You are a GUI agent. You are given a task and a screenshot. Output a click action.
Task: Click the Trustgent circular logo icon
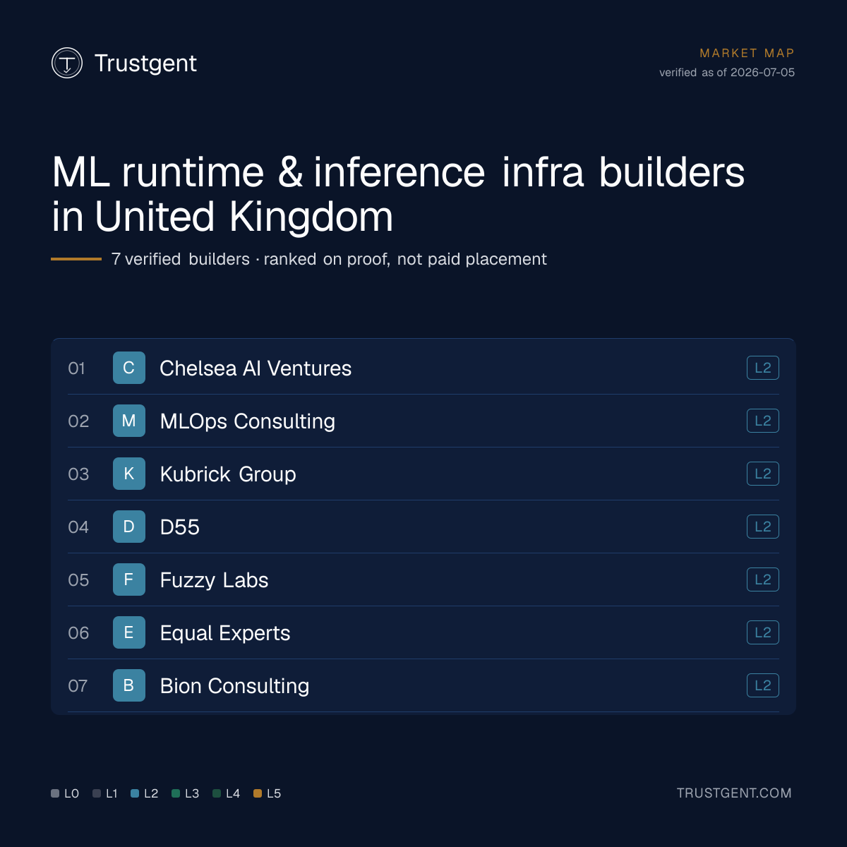pyautogui.click(x=67, y=63)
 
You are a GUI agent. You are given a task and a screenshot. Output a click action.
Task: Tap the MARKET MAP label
pyautogui.click(x=747, y=53)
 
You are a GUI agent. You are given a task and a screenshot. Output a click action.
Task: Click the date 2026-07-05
pyautogui.click(x=762, y=73)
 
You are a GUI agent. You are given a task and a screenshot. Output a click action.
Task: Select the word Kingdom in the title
pyautogui.click(x=311, y=217)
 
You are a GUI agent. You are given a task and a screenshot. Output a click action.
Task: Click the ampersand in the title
pyautogui.click(x=290, y=172)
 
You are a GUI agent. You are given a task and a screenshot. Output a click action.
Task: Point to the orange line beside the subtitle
pyautogui.click(x=76, y=259)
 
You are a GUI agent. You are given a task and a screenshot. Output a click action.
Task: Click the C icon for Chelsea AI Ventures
pyautogui.click(x=128, y=368)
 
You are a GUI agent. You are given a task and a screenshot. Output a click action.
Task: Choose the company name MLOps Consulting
pyautogui.click(x=248, y=421)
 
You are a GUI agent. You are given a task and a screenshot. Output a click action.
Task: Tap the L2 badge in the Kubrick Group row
pyautogui.click(x=762, y=474)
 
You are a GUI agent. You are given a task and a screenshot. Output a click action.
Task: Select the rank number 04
pyautogui.click(x=78, y=527)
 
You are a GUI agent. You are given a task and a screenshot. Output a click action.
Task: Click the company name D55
pyautogui.click(x=180, y=527)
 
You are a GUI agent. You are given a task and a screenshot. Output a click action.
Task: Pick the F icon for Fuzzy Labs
pyautogui.click(x=128, y=579)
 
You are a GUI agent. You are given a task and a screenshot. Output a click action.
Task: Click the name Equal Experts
pyautogui.click(x=225, y=633)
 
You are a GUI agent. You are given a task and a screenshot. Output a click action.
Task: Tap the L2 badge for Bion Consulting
pyautogui.click(x=762, y=685)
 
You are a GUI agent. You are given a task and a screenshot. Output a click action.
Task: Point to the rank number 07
pyautogui.click(x=78, y=685)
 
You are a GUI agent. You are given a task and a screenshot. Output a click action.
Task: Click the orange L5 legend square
pyautogui.click(x=258, y=793)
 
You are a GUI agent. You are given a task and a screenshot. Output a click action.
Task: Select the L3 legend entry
pyautogui.click(x=185, y=793)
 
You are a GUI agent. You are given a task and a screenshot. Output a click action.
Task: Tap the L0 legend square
pyautogui.click(x=55, y=793)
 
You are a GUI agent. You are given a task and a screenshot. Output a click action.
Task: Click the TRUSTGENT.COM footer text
pyautogui.click(x=734, y=793)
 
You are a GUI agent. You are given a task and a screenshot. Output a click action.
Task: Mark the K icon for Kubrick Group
pyautogui.click(x=128, y=474)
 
